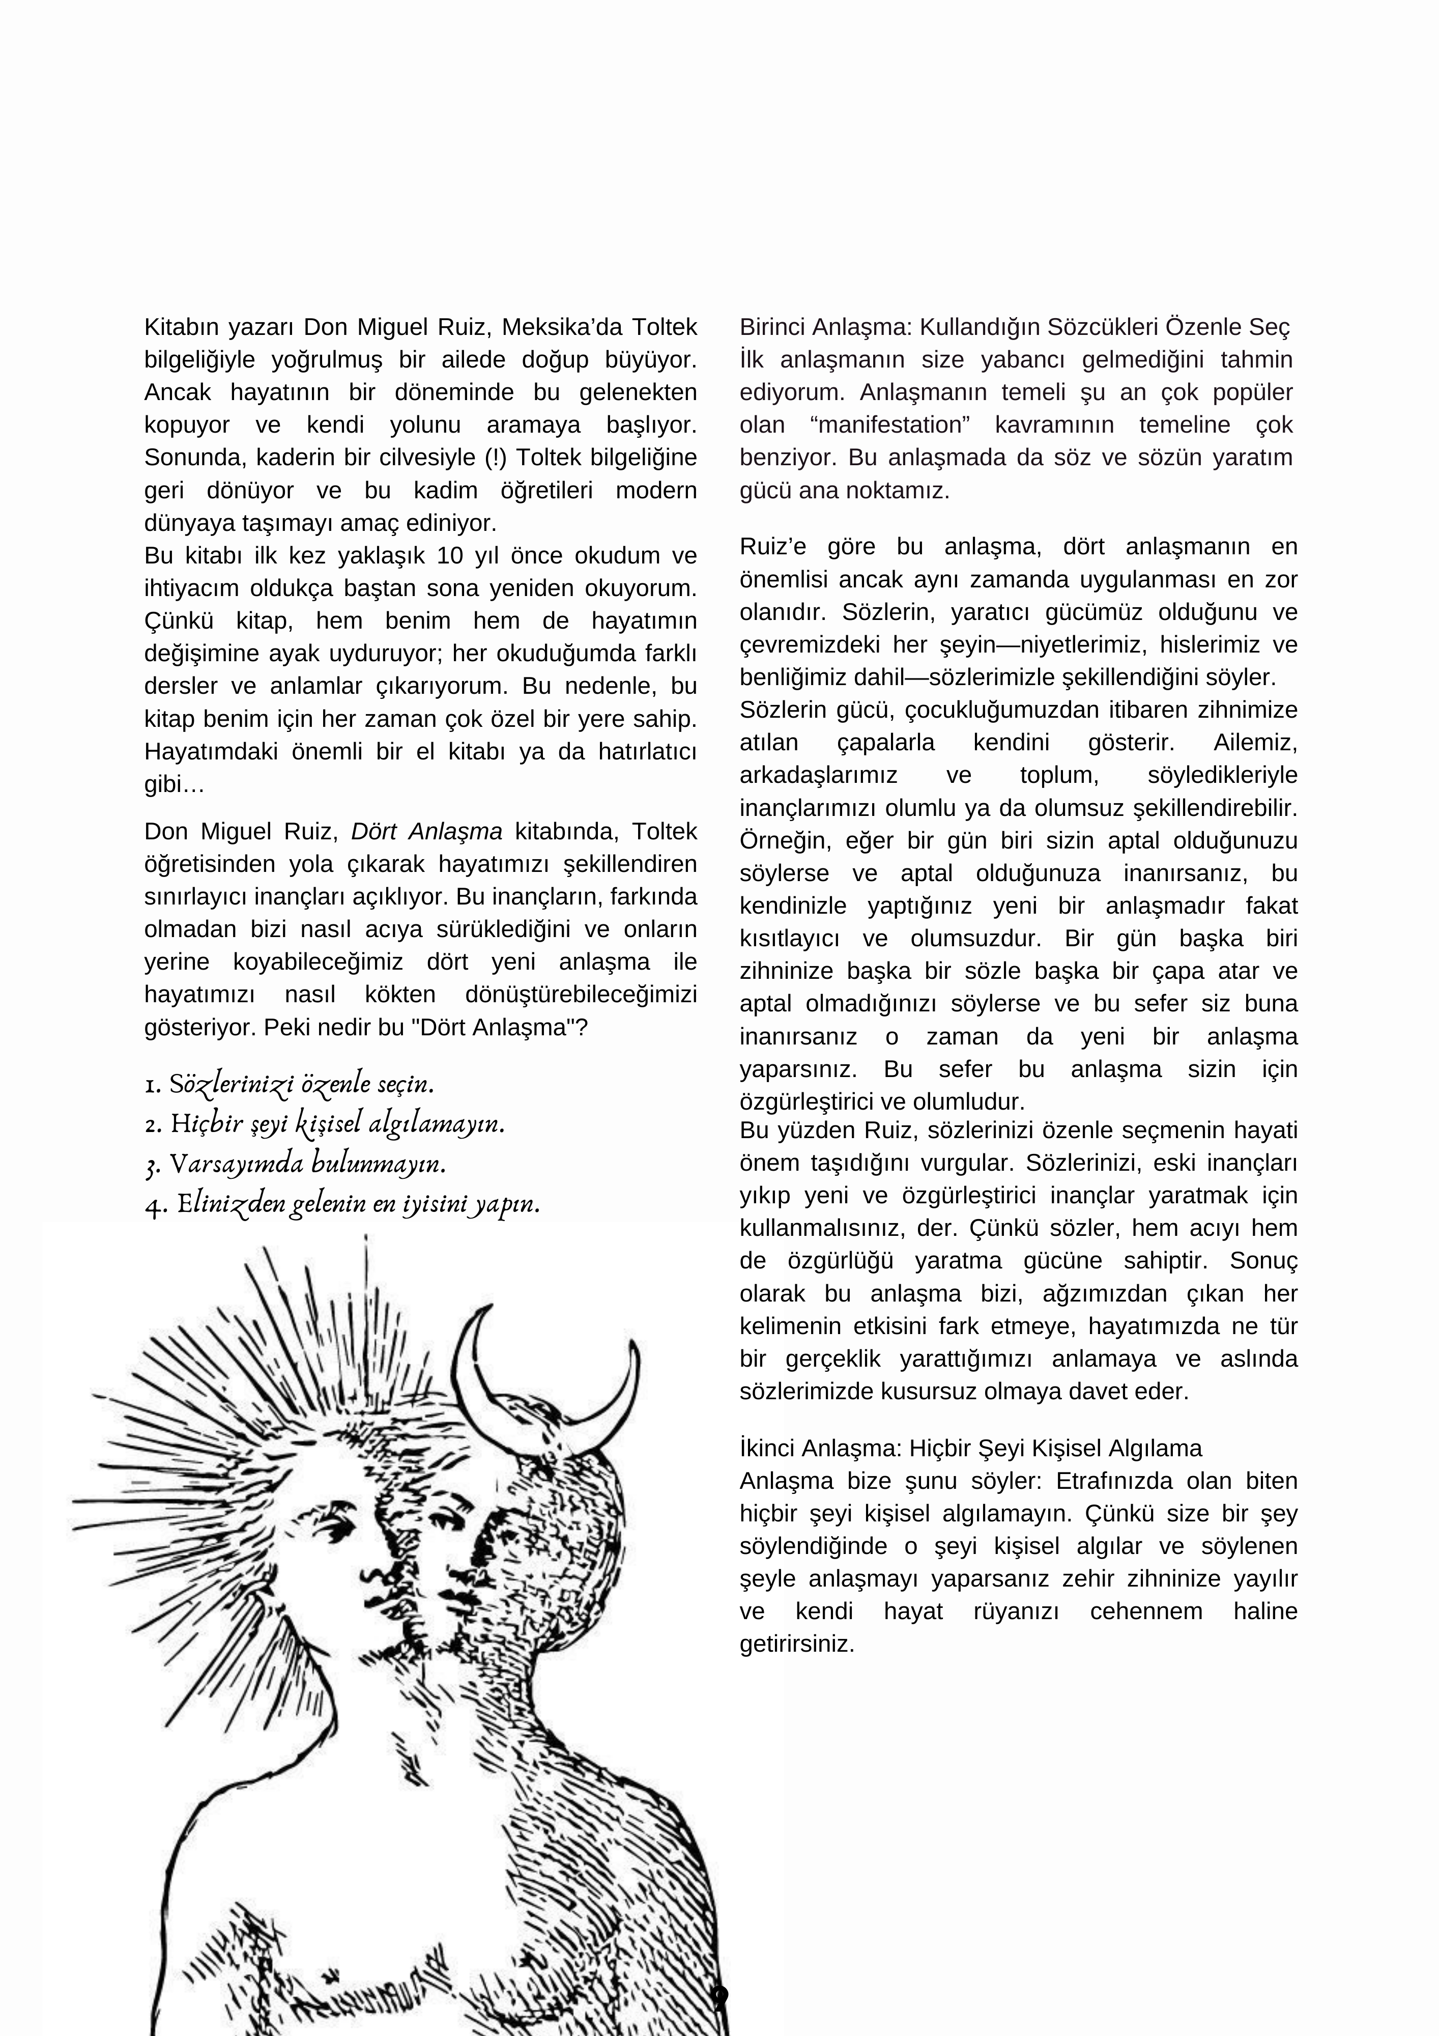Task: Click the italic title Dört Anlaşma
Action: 426,832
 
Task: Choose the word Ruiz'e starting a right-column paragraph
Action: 773,547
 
